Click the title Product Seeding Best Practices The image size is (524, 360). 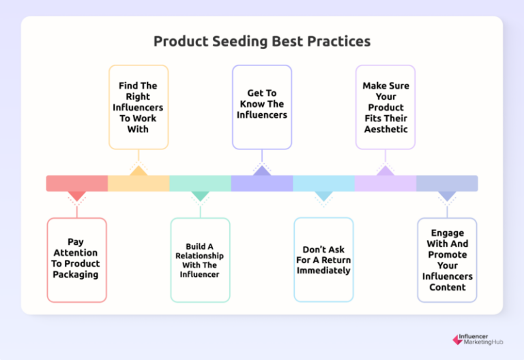pyautogui.click(x=262, y=41)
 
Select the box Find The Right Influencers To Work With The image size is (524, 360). pyautogui.click(x=138, y=107)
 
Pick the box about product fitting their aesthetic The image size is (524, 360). pyautogui.click(x=385, y=107)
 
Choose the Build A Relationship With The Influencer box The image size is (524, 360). pyautogui.click(x=200, y=260)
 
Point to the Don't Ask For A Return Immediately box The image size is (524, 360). pyautogui.click(x=323, y=260)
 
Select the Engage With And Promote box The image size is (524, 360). pyautogui.click(x=447, y=260)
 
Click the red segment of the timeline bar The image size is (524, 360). pyautogui.click(x=77, y=183)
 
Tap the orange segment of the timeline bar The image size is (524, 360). pyautogui.click(x=139, y=183)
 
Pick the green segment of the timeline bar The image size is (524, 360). pyautogui.click(x=200, y=183)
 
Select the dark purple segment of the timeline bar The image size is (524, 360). pyautogui.click(x=262, y=183)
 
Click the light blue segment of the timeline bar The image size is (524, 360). pyautogui.click(x=323, y=183)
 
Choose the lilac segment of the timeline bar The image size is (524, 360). pyautogui.click(x=385, y=183)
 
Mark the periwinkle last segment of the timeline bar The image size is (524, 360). pyautogui.click(x=447, y=183)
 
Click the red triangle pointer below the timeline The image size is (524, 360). pyautogui.click(x=77, y=196)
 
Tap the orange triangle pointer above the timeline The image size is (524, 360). pyautogui.click(x=139, y=170)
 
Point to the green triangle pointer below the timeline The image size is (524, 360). pyautogui.click(x=200, y=196)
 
